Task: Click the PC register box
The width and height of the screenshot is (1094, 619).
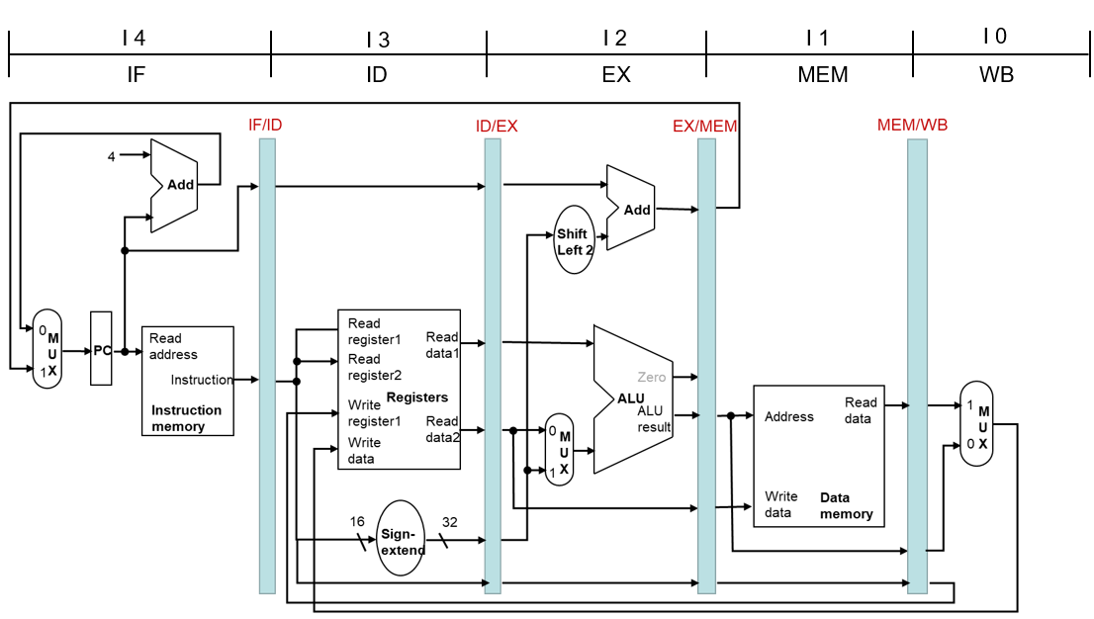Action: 101,348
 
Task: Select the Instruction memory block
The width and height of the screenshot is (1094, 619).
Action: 188,381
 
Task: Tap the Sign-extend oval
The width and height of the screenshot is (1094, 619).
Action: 401,538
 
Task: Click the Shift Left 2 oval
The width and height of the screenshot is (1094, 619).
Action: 575,239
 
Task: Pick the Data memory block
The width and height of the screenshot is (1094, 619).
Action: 819,457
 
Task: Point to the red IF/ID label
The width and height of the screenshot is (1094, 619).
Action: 265,125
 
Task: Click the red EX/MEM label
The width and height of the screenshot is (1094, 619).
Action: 704,127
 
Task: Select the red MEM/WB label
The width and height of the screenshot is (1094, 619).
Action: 913,125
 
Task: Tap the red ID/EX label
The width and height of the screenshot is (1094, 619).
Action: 497,127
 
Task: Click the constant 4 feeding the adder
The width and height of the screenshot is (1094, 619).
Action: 111,157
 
